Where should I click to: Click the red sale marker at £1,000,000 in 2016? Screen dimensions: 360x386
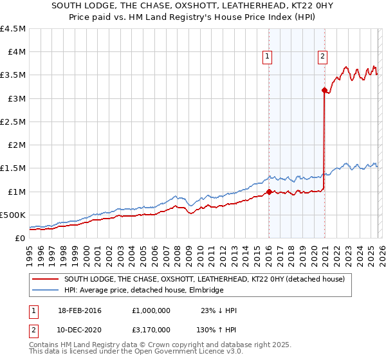(268, 192)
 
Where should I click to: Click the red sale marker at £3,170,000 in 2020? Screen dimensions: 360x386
(324, 91)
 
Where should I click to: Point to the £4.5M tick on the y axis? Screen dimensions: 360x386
(14, 29)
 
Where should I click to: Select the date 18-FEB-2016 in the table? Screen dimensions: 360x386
(80, 310)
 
